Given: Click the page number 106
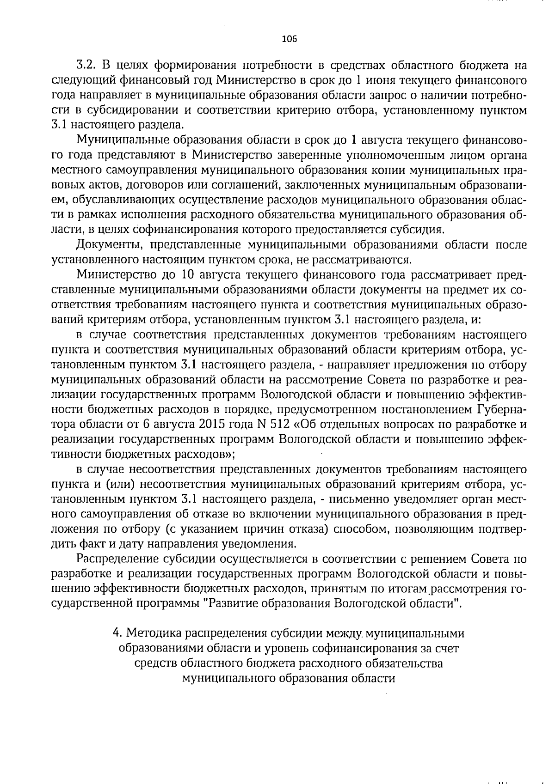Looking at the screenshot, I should click(289, 39).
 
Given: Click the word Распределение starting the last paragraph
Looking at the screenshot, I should click(117, 559).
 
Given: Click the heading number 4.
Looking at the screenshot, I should click(117, 633).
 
